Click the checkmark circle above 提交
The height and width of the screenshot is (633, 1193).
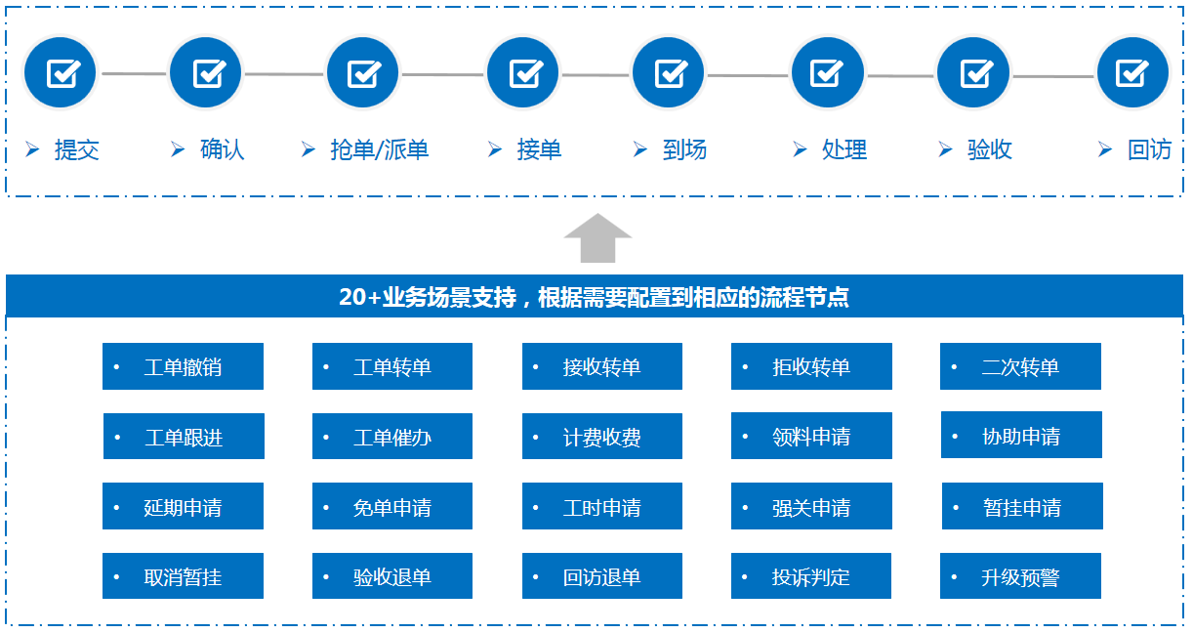point(61,72)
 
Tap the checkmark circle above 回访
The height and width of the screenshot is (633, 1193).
point(1132,72)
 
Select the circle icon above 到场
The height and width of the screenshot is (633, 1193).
point(668,72)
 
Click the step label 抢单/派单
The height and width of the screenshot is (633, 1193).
point(379,149)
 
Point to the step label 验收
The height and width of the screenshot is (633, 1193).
point(990,149)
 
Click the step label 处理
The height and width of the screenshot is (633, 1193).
point(844,149)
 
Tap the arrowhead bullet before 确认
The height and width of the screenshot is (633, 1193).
point(178,149)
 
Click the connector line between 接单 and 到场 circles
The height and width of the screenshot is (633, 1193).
point(596,75)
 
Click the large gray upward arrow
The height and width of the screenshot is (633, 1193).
point(597,238)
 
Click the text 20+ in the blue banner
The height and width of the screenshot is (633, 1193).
point(360,297)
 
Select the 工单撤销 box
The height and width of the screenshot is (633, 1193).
point(183,366)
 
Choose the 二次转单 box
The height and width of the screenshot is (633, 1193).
point(1020,366)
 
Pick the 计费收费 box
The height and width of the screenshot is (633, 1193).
point(601,436)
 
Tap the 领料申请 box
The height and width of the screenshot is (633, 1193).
point(811,436)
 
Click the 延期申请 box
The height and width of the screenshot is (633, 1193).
point(183,506)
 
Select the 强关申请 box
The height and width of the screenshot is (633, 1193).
point(811,506)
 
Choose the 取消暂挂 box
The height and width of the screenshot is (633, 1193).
point(183,575)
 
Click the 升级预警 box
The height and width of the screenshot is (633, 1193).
point(1020,575)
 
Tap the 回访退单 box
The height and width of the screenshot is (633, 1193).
point(601,575)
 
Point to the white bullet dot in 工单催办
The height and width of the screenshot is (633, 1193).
point(326,438)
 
